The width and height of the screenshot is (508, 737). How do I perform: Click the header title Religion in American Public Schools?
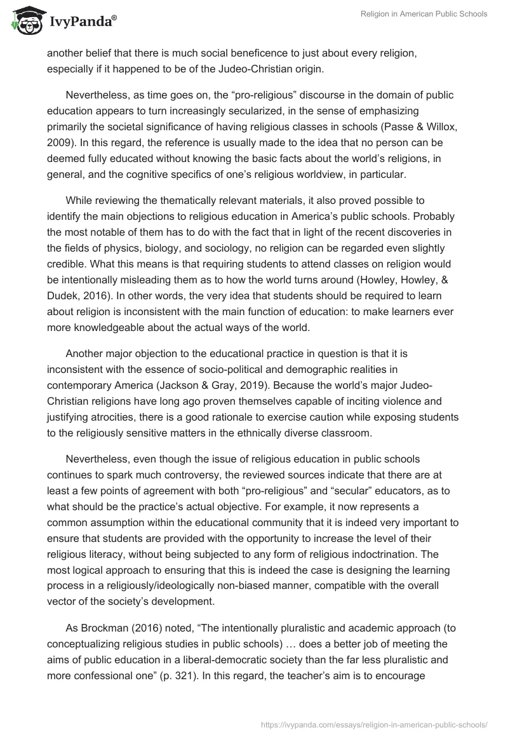click(424, 14)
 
